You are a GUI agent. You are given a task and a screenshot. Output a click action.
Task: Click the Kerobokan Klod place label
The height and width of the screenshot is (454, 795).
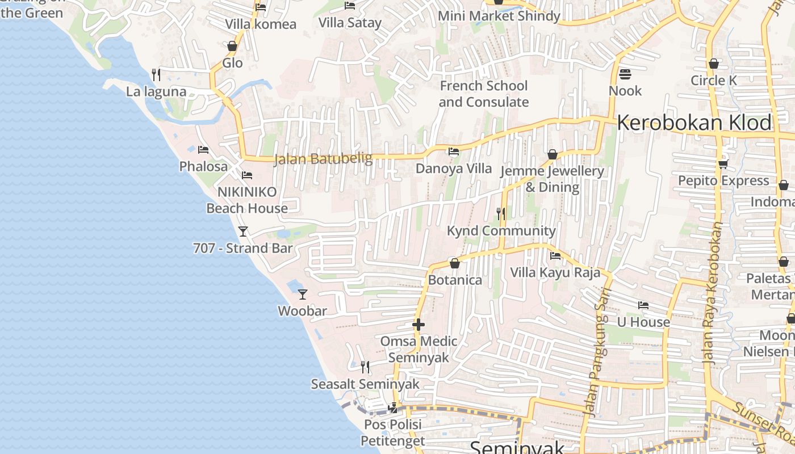click(694, 123)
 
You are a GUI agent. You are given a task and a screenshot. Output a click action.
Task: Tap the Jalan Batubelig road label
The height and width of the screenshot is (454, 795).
click(323, 159)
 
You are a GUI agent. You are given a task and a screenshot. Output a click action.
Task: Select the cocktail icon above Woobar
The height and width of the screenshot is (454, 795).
click(303, 294)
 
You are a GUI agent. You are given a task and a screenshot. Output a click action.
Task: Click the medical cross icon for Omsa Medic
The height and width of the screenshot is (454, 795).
click(419, 325)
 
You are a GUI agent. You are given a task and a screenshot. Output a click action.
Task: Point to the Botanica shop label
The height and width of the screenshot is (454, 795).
click(455, 280)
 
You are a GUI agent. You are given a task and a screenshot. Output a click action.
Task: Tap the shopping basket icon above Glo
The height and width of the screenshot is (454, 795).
click(232, 46)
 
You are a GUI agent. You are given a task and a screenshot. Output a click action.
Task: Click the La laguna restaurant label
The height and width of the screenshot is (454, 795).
click(156, 91)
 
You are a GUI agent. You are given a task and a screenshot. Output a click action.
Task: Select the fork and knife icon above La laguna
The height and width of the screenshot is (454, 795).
click(156, 74)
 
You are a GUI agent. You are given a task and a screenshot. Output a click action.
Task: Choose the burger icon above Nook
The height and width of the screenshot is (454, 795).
click(625, 74)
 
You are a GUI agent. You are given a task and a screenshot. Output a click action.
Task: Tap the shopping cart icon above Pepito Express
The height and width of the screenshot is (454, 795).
click(723, 164)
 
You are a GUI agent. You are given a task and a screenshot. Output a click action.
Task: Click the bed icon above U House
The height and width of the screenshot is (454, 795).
click(643, 305)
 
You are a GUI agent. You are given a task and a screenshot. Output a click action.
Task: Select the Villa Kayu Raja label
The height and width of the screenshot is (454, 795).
click(555, 272)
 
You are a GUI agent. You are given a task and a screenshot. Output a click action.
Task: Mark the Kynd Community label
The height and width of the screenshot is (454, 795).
click(501, 230)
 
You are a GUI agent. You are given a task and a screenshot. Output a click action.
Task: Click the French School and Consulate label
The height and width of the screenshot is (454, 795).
click(484, 94)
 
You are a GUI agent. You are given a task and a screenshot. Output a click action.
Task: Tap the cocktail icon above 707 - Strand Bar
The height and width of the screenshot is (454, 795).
click(243, 231)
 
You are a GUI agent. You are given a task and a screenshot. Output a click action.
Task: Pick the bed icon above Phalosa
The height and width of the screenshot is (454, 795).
click(203, 150)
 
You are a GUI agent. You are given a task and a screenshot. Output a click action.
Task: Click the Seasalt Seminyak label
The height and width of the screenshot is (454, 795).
click(365, 384)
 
